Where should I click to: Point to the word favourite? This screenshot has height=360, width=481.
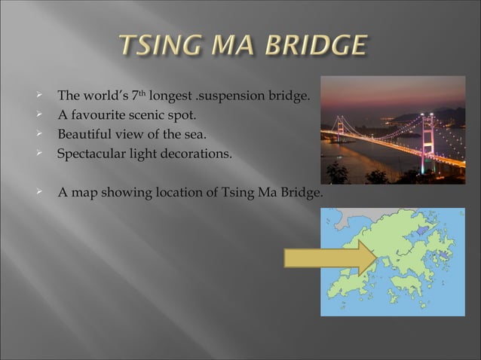click(103, 117)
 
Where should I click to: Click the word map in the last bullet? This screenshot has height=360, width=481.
click(84, 193)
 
